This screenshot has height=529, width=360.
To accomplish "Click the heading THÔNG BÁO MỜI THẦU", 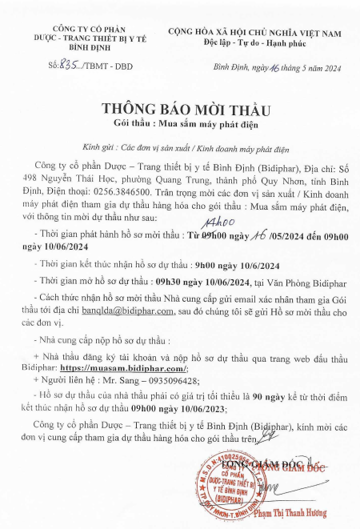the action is click(179, 109).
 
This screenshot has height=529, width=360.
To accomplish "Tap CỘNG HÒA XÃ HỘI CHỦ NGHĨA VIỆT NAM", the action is click(254, 30).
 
